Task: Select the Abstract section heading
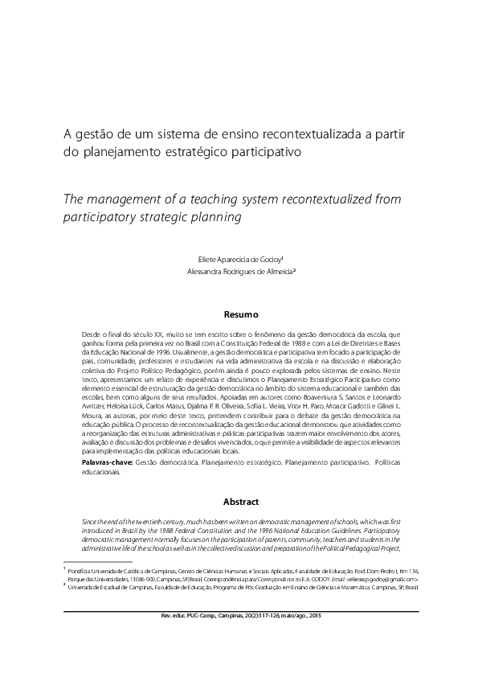click(x=239, y=501)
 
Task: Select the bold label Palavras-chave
click(x=105, y=465)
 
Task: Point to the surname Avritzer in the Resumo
click(x=100, y=408)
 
